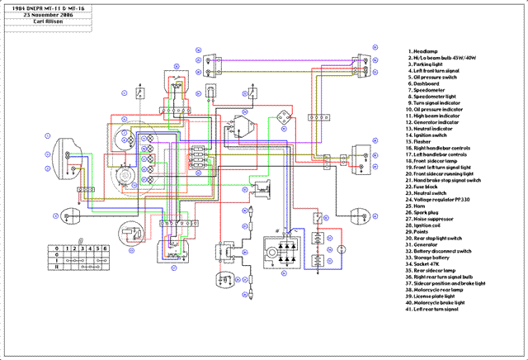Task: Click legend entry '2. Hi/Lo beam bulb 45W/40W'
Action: [x=445, y=58]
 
